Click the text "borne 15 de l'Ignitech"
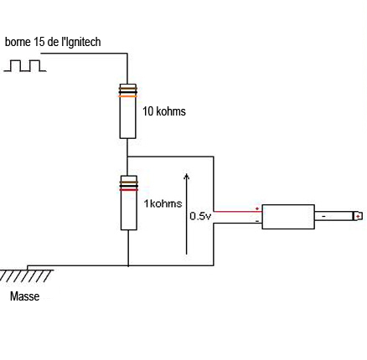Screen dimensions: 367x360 click(53, 42)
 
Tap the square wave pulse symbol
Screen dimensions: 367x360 click(25, 65)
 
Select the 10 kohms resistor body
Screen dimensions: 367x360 click(128, 111)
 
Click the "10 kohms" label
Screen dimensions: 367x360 click(164, 111)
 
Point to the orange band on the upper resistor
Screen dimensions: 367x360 click(128, 96)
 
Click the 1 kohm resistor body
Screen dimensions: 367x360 click(129, 203)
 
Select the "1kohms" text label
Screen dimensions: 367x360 click(163, 203)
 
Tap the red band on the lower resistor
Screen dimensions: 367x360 click(129, 190)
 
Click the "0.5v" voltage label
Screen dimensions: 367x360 click(200, 216)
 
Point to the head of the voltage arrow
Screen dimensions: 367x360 click(187, 175)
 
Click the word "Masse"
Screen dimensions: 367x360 click(24, 296)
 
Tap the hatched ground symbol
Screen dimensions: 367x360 click(27, 275)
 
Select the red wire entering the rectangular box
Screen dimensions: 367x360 click(238, 212)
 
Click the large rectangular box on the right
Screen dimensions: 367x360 click(288, 217)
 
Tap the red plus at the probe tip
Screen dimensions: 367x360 click(358, 216)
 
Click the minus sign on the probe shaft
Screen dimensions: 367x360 click(323, 217)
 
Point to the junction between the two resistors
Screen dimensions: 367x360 click(127, 157)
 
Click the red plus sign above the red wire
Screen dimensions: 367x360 click(257, 208)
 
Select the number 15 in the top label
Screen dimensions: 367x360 click(39, 42)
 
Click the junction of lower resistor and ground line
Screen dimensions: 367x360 click(128, 265)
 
